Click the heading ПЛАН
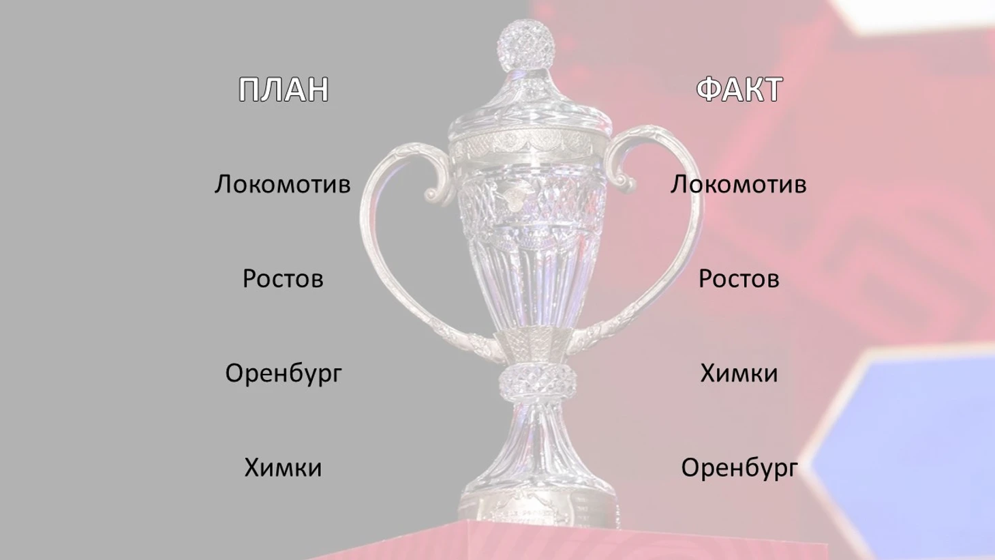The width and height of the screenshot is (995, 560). pyautogui.click(x=284, y=89)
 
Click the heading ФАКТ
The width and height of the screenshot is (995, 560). pyautogui.click(x=739, y=89)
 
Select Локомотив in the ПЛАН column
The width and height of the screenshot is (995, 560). pyautogui.click(x=283, y=184)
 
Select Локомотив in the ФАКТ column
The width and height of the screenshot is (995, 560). pyautogui.click(x=738, y=184)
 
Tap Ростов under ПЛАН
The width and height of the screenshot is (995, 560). pyautogui.click(x=283, y=279)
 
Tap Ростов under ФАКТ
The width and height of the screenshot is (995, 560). pyautogui.click(x=739, y=279)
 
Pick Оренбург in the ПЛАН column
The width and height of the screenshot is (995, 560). pyautogui.click(x=284, y=374)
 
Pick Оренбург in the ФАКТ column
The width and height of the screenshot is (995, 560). pyautogui.click(x=739, y=468)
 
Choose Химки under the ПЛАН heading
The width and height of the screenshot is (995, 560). pyautogui.click(x=283, y=467)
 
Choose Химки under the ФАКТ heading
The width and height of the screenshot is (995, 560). pyautogui.click(x=739, y=373)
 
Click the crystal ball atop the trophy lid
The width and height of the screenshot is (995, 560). pyautogui.click(x=526, y=44)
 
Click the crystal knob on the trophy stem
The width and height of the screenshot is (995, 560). pyautogui.click(x=538, y=381)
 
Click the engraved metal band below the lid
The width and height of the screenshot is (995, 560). pyautogui.click(x=529, y=146)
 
